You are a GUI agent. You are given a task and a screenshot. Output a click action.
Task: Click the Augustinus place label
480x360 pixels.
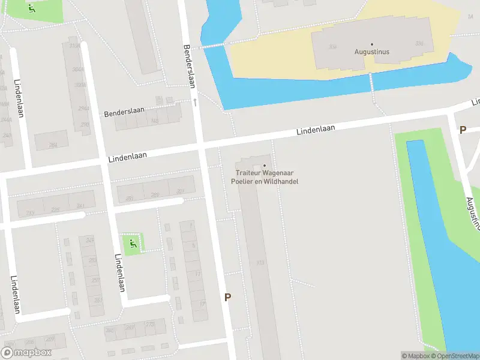click(x=371, y=52)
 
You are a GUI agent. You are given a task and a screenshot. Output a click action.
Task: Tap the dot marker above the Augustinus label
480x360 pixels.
click(x=371, y=44)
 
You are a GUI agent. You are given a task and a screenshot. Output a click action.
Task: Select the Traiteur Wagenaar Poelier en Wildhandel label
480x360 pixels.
click(x=266, y=177)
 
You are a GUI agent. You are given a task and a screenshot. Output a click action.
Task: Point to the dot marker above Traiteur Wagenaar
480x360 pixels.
click(x=265, y=166)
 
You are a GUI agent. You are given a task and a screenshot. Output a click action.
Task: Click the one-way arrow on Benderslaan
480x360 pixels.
click(x=194, y=103)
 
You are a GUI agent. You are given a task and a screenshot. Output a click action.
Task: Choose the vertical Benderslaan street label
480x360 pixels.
click(x=188, y=66)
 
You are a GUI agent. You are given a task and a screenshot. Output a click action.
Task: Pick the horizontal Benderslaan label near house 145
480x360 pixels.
click(x=125, y=113)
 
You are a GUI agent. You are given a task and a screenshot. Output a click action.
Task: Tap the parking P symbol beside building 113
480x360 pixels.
click(x=227, y=297)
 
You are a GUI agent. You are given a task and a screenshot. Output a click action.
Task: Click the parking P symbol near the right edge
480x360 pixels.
click(x=463, y=130)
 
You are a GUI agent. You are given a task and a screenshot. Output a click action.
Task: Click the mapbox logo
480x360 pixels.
click(x=26, y=353)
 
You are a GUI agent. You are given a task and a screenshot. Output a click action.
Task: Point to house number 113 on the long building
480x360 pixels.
click(x=260, y=262)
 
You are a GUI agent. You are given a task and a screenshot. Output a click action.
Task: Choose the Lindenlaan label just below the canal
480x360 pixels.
click(x=315, y=130)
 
